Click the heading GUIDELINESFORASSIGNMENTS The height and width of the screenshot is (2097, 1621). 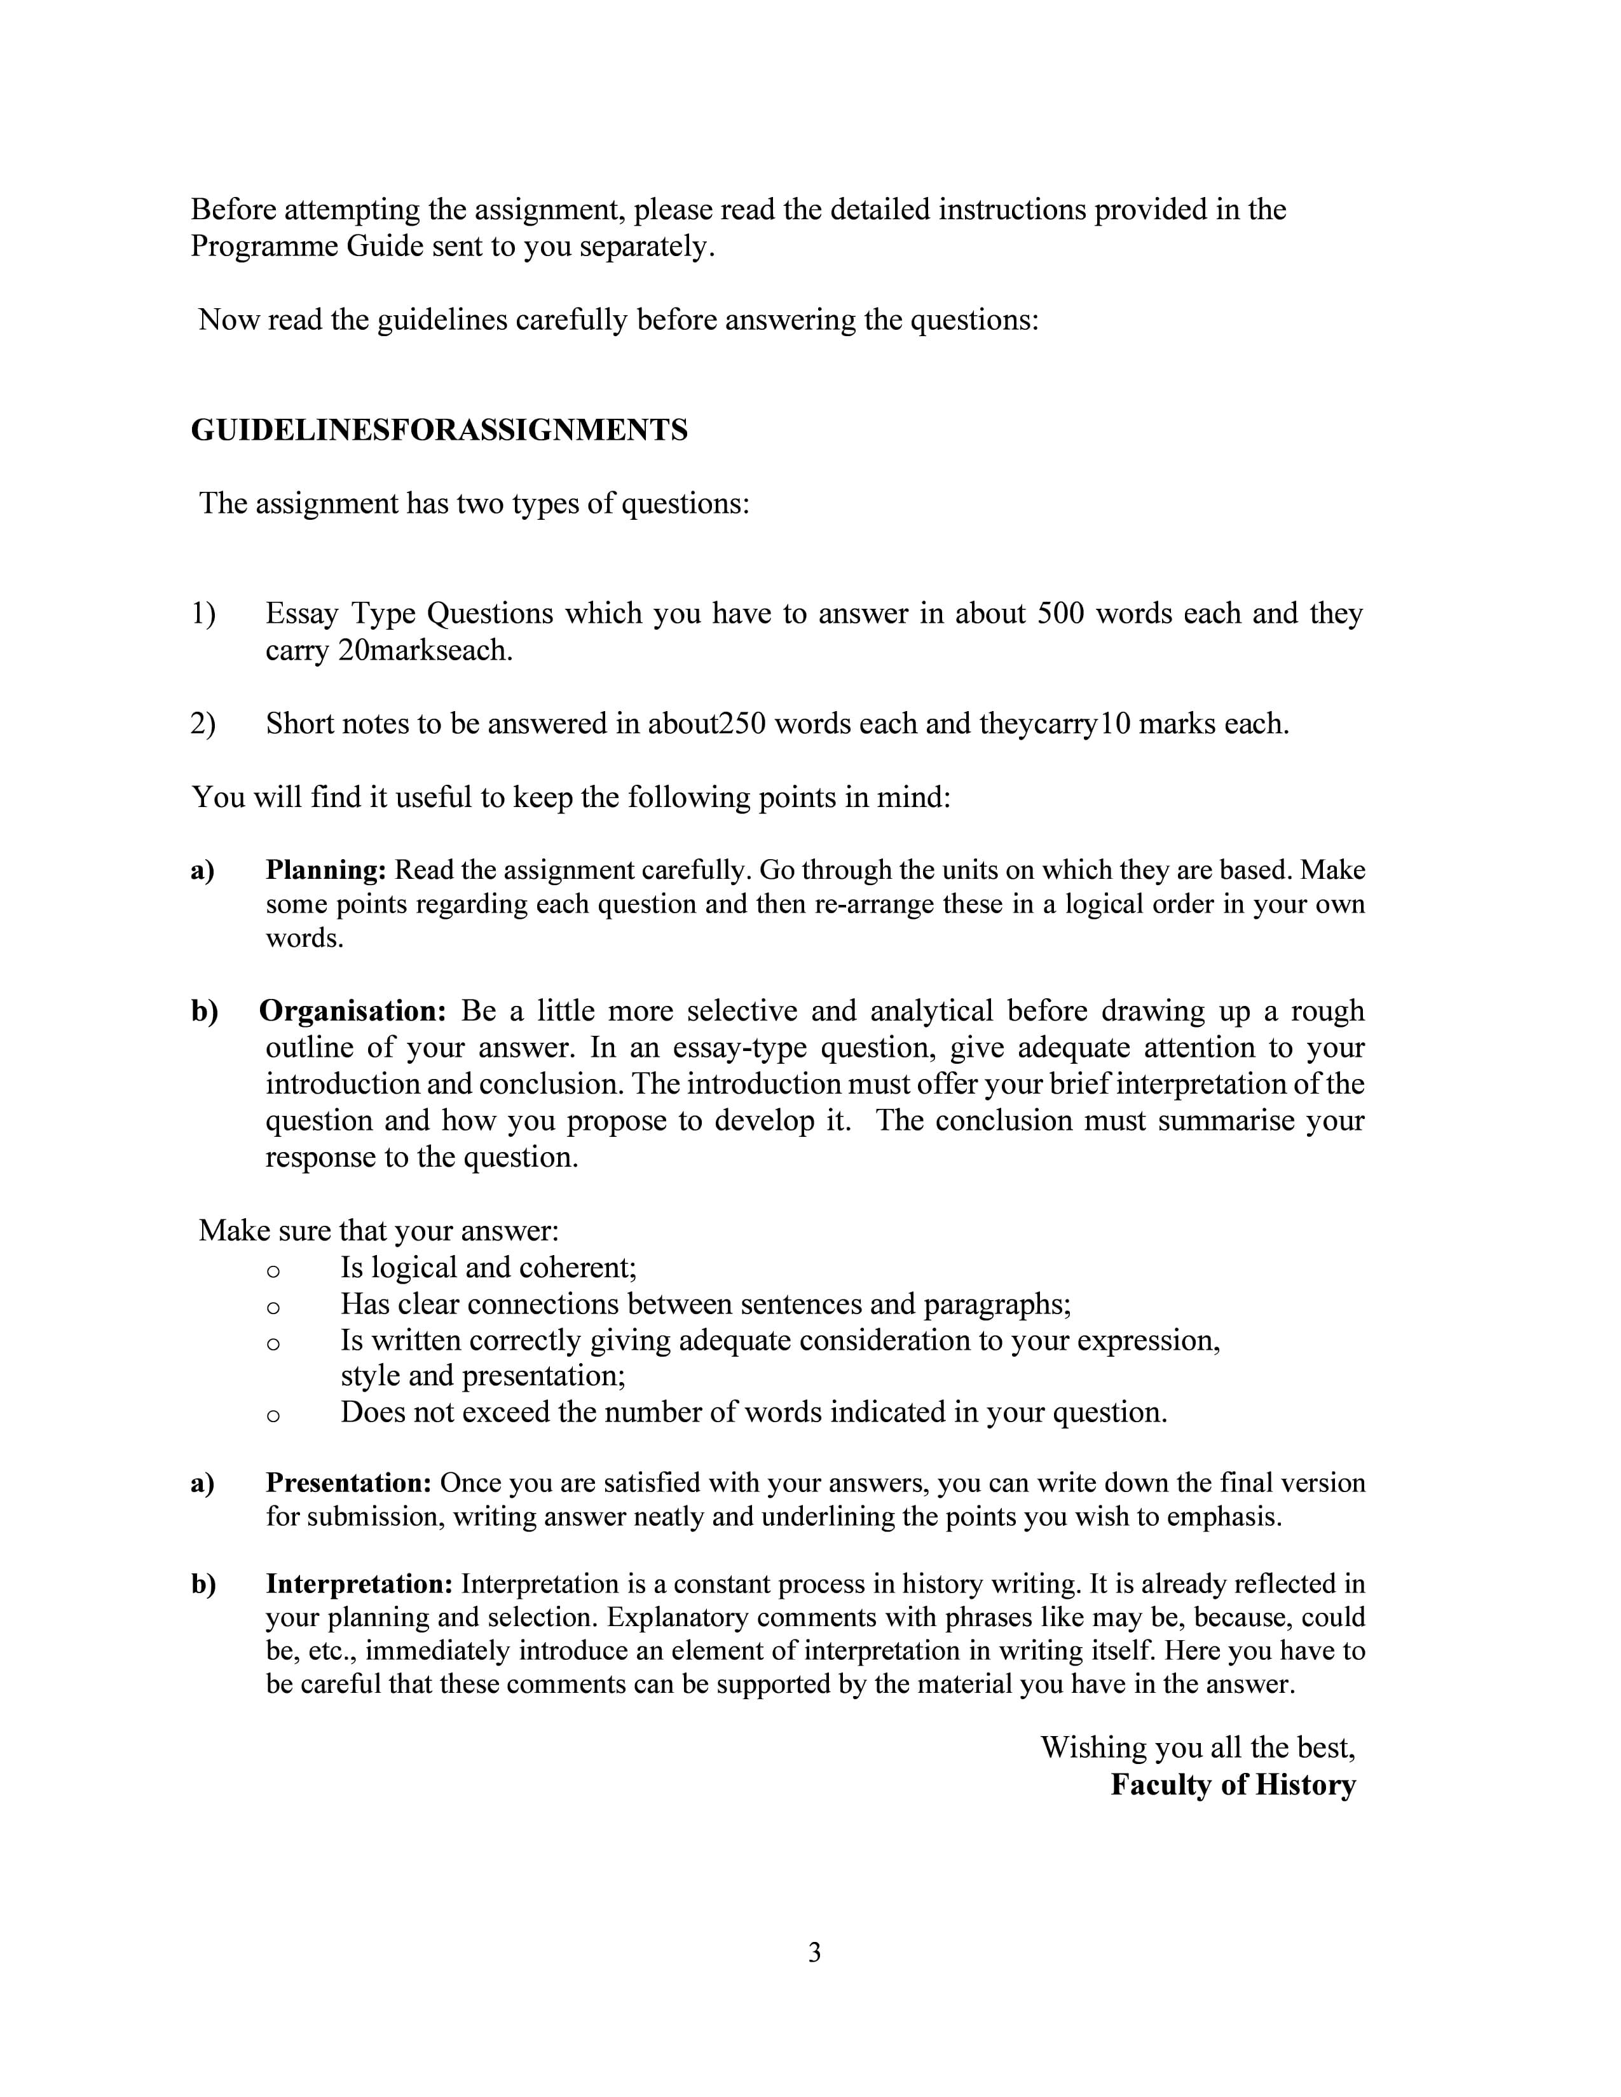click(439, 430)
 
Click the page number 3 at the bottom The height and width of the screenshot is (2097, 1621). click(814, 1952)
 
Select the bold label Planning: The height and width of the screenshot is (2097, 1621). click(325, 870)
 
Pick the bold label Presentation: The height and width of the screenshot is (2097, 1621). click(348, 1483)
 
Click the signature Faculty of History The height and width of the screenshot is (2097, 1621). click(1232, 1785)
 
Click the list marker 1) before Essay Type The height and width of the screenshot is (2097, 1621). click(203, 614)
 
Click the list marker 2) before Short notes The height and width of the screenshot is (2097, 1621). click(203, 723)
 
